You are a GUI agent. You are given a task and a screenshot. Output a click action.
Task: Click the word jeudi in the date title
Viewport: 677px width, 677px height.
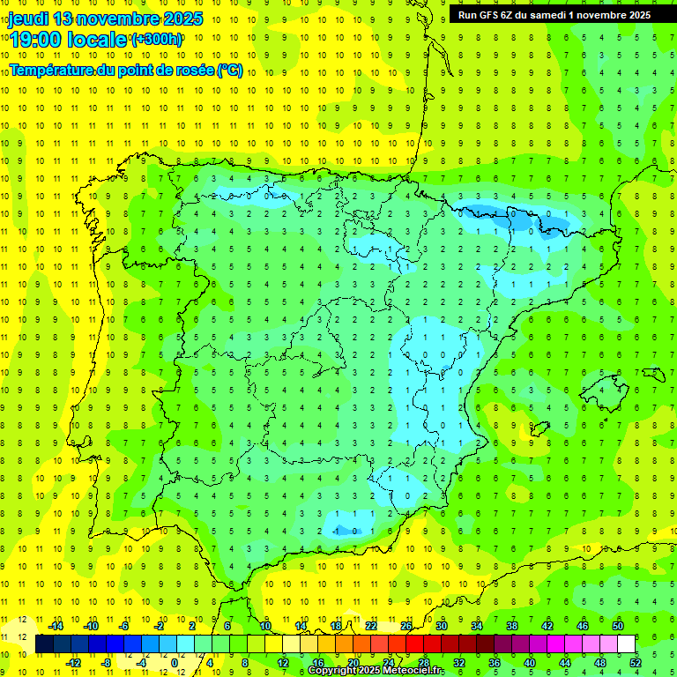(x=28, y=19)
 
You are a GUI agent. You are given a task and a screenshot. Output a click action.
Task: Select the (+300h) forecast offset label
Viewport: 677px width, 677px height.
(x=157, y=40)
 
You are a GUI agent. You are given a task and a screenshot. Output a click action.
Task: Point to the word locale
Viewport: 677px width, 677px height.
(x=98, y=40)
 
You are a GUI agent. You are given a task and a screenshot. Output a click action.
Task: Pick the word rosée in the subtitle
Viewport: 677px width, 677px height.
(x=193, y=70)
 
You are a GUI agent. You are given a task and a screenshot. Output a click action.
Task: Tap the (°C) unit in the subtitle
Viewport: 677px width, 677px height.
(x=230, y=70)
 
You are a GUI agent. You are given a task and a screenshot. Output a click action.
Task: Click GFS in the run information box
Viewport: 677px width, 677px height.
(x=490, y=15)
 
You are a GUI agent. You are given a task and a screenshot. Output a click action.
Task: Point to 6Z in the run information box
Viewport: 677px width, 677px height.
(x=509, y=15)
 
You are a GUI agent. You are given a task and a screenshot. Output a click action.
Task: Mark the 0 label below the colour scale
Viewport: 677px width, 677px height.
(x=173, y=662)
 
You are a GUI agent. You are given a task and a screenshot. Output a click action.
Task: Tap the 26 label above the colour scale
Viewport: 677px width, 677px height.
(x=405, y=626)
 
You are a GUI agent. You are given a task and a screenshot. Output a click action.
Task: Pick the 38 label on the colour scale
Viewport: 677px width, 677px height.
(x=511, y=626)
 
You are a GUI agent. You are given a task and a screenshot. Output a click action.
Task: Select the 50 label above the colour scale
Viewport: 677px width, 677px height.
(x=617, y=626)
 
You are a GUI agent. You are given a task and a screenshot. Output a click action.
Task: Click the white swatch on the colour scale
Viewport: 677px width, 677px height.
(x=626, y=644)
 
